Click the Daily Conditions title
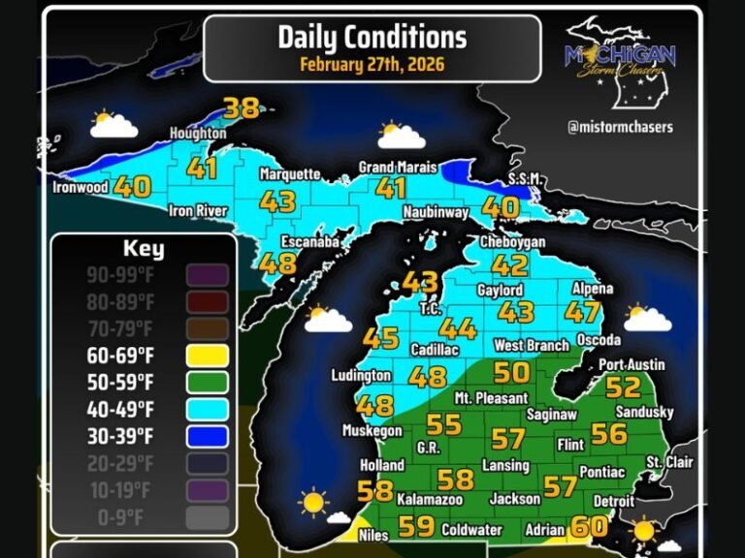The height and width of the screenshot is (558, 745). pos(372,37)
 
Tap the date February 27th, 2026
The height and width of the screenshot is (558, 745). pos(372,65)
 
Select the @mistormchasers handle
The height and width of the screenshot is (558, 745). pos(621,126)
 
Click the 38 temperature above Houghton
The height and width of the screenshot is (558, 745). pos(242,108)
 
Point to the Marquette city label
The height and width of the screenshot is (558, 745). pos(289,174)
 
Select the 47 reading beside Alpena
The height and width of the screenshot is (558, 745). pos(582,312)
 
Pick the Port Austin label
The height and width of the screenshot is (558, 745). pos(632,364)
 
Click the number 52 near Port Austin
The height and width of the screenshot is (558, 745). pos(624,387)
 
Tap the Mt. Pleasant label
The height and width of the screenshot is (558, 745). pos(491,397)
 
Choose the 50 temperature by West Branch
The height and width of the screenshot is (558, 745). pos(512,371)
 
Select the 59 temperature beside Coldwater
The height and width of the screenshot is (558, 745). pos(416,527)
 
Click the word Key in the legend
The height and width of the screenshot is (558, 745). pos(143,249)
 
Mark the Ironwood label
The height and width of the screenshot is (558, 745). pos(80,188)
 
